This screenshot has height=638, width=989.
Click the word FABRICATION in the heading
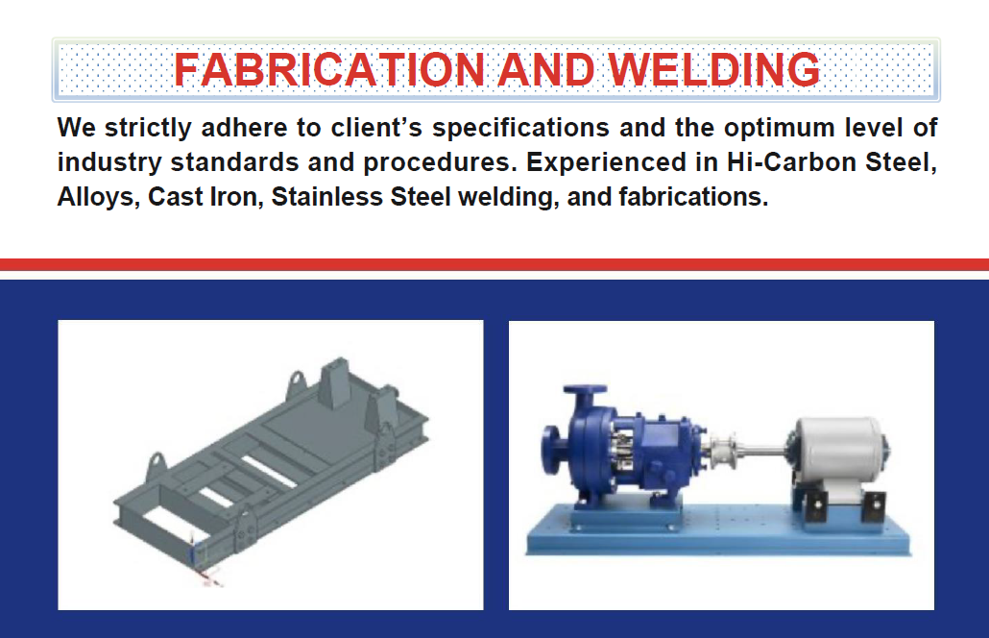pos(329,69)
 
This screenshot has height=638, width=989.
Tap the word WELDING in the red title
pos(714,69)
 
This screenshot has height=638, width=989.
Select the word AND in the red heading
pos(546,69)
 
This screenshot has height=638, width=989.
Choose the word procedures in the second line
pos(440,163)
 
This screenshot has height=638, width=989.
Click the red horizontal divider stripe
pos(494,264)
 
